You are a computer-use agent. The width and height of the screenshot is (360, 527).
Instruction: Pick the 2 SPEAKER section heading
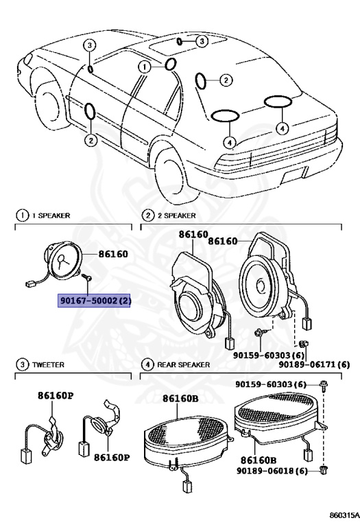(170, 215)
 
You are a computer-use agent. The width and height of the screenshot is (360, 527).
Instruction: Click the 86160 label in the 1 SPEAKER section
(113, 253)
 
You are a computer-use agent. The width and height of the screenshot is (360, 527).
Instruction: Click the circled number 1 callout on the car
(145, 67)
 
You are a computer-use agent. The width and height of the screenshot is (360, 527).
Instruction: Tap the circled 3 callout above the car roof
(200, 42)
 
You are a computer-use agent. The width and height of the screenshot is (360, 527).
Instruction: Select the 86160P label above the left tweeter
(55, 397)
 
